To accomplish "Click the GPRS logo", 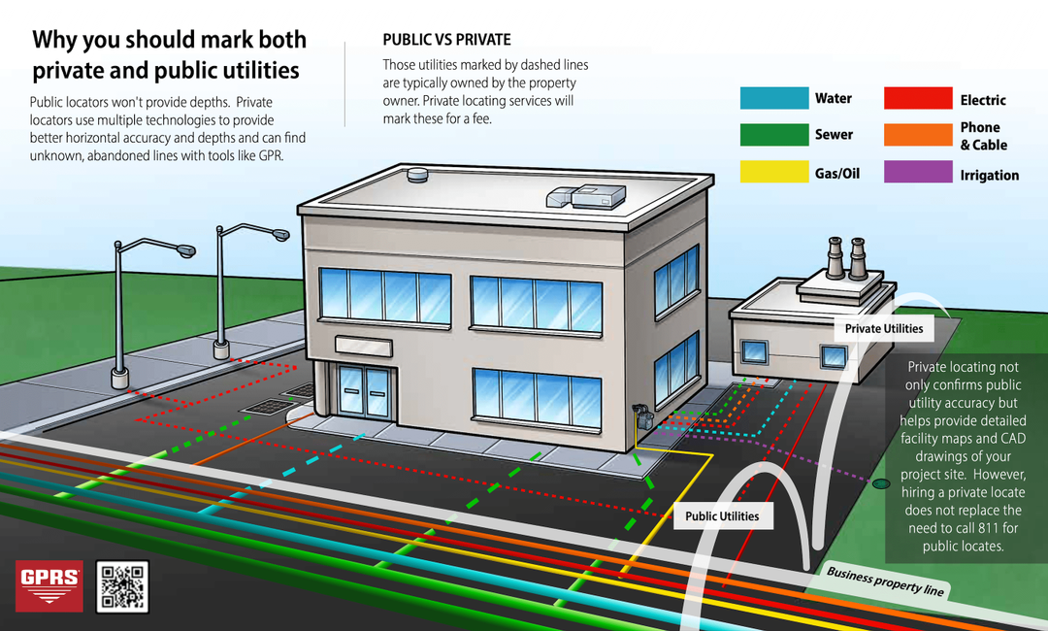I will [49, 585].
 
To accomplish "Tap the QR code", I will [122, 586].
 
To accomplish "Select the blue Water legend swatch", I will [773, 98].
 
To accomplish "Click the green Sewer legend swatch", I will [773, 135].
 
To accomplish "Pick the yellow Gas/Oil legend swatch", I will [773, 173].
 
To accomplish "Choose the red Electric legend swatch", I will [918, 98].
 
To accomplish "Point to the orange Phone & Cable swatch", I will [918, 135].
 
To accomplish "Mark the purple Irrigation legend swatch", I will [918, 173].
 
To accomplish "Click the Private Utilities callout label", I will [883, 329].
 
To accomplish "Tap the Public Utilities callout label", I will [722, 516].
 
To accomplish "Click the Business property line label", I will [885, 581].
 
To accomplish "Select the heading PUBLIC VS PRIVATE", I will [446, 40].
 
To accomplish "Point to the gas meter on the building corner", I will [640, 419].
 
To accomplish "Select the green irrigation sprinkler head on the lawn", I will [880, 482].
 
